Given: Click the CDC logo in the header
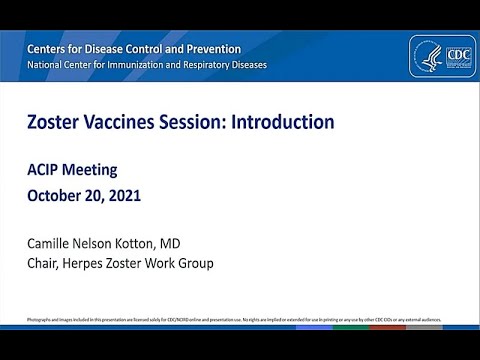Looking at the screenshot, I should pyautogui.click(x=449, y=55).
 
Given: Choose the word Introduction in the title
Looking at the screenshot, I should pyautogui.click(x=283, y=123).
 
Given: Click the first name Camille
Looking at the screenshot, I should pyautogui.click(x=54, y=242).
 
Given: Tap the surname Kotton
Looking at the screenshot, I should pyautogui.click(x=157, y=242).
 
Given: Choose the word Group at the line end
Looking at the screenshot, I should pyautogui.click(x=193, y=263).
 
